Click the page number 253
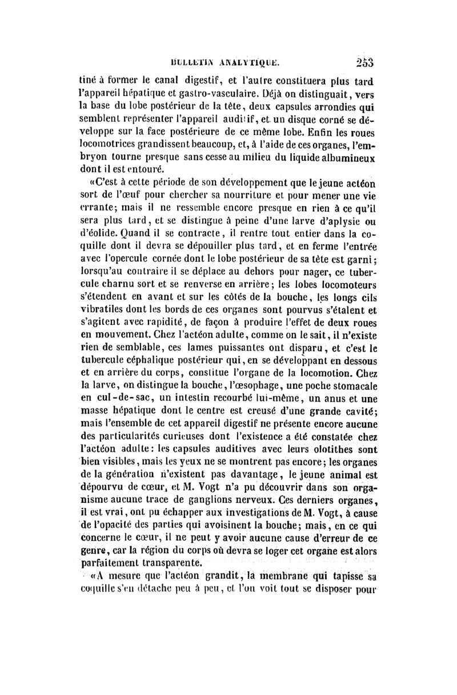(x=363, y=62)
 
